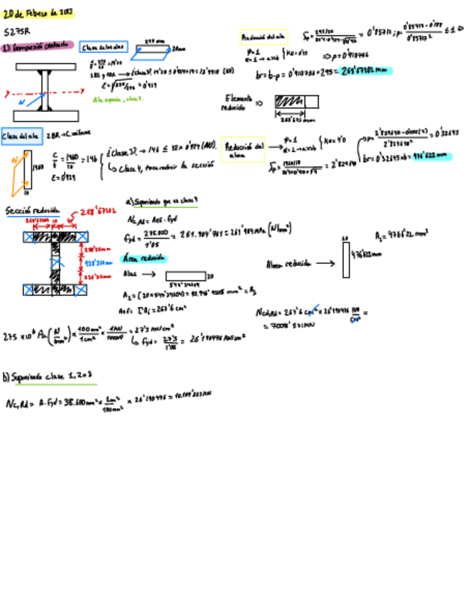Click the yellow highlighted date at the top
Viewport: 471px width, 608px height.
tap(38, 14)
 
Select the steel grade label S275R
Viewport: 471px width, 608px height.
tap(17, 32)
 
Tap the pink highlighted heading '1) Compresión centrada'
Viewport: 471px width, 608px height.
tap(37, 47)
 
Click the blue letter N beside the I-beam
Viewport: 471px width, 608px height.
tap(21, 102)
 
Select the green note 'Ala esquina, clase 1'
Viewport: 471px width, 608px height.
tap(118, 99)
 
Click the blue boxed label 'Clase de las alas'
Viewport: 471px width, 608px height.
tap(103, 47)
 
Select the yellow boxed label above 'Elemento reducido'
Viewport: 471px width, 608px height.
tap(264, 36)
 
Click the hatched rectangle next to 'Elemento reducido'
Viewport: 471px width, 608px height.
tap(290, 102)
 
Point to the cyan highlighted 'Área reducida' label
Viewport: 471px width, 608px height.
tap(144, 257)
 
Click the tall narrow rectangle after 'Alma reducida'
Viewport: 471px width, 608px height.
tap(346, 259)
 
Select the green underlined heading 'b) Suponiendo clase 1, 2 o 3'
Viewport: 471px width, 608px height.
tap(50, 376)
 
